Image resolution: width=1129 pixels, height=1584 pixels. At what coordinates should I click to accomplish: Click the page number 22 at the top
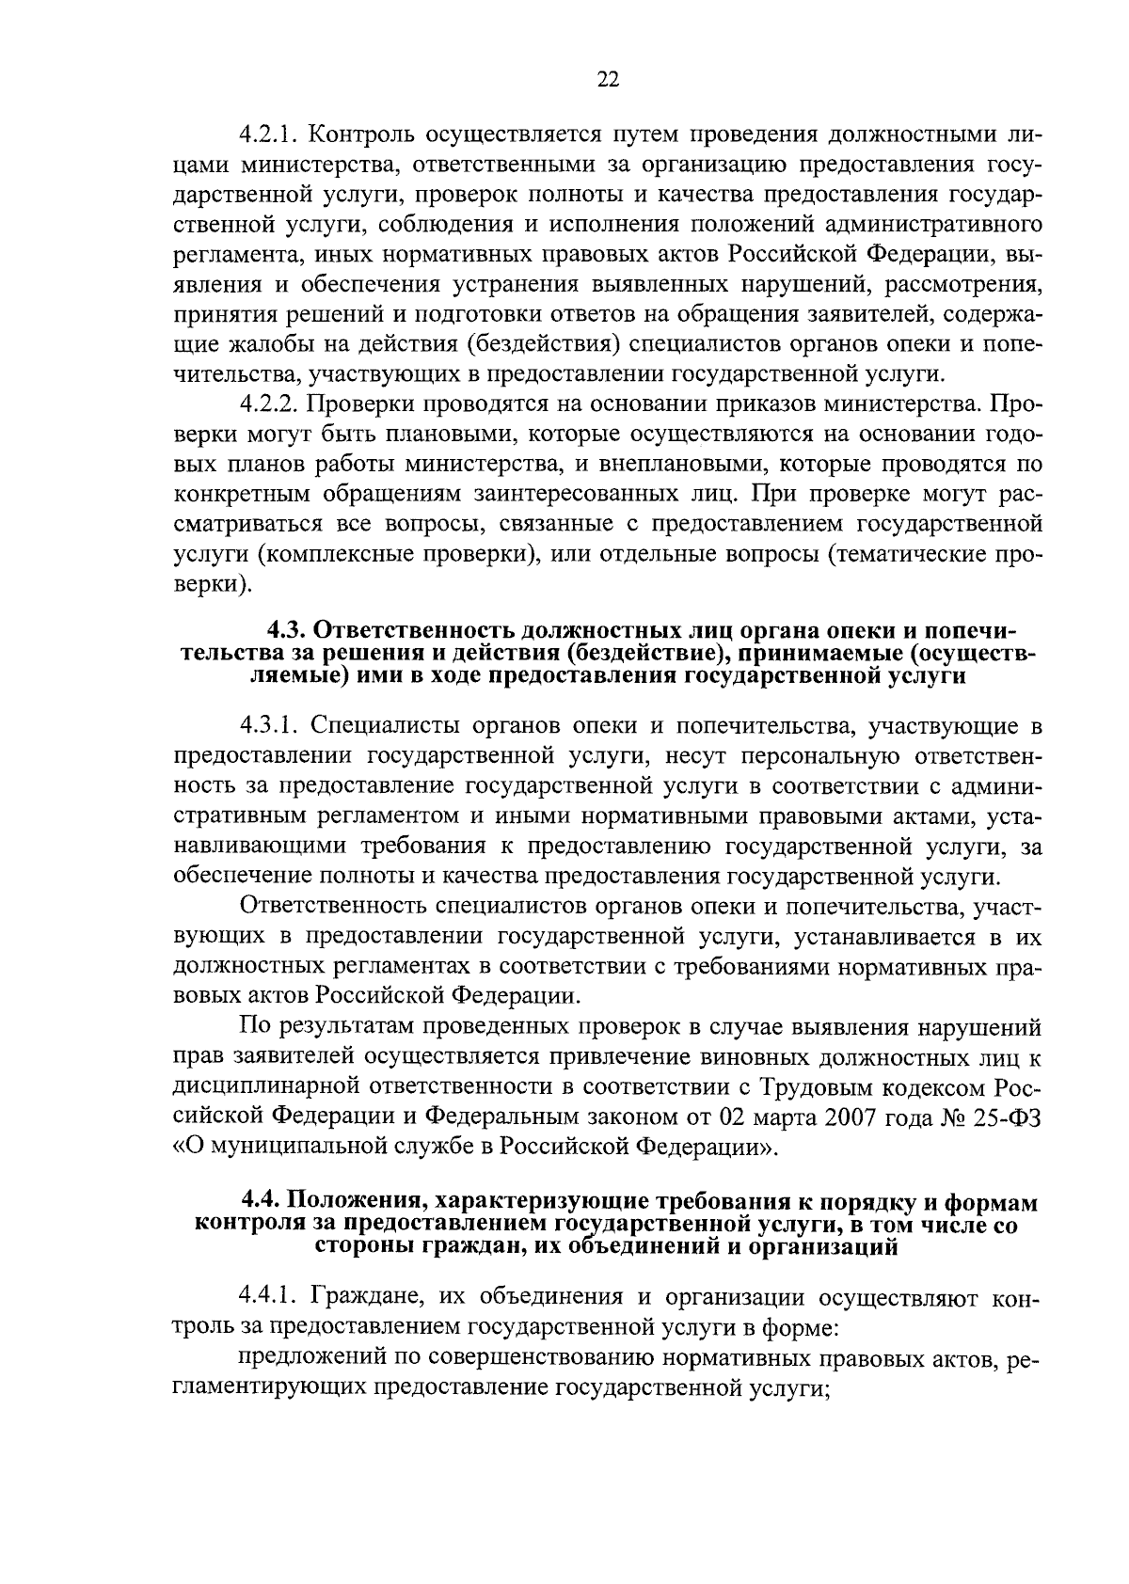pos(608,80)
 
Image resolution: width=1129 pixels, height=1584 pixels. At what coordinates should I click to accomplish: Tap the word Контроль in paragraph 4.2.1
pos(359,135)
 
